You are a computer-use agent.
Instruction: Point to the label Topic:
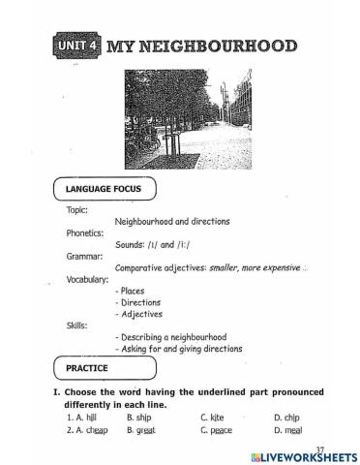click(76, 209)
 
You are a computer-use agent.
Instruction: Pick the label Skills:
click(76, 325)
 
